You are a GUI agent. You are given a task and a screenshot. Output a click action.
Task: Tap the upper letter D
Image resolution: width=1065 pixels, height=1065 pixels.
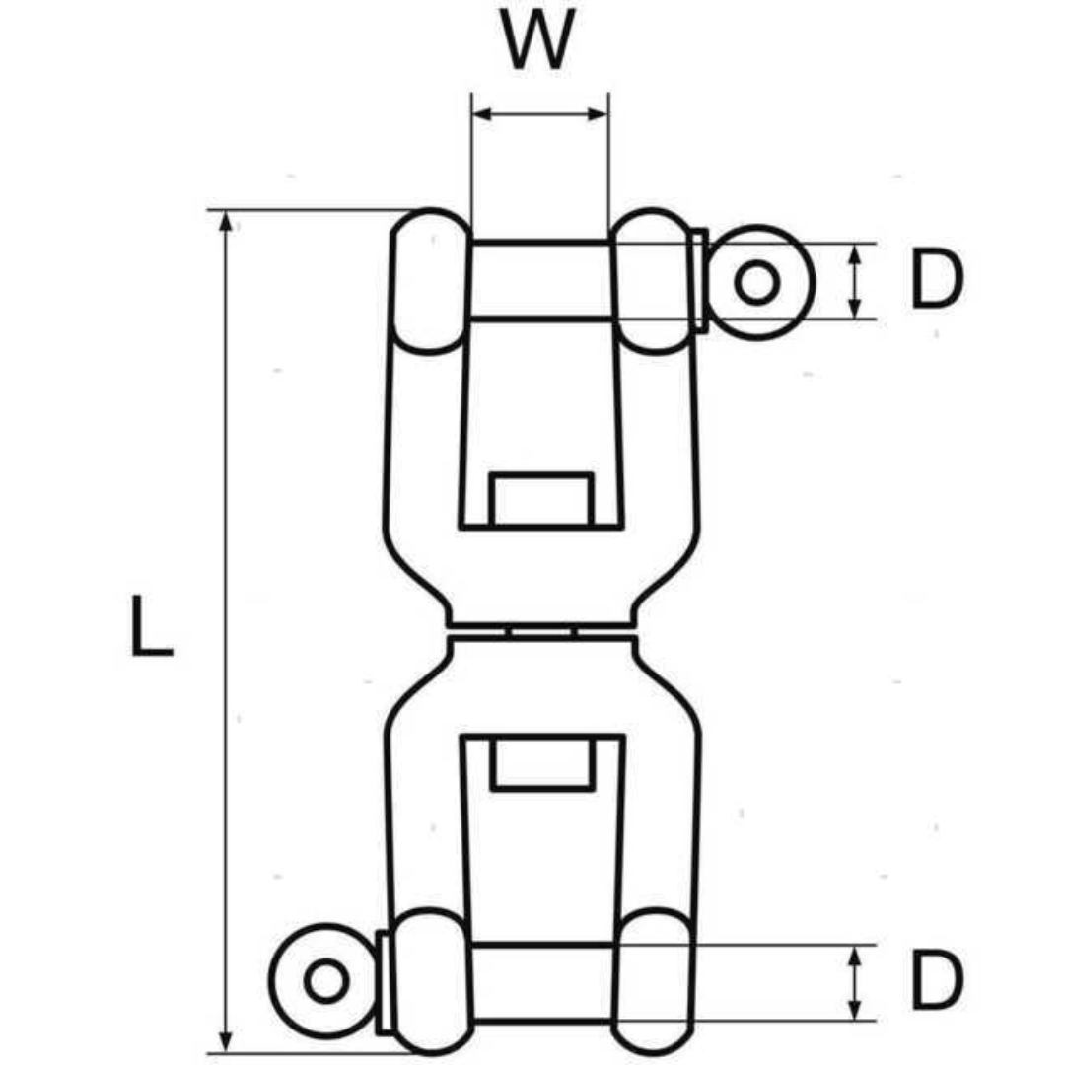[935, 280]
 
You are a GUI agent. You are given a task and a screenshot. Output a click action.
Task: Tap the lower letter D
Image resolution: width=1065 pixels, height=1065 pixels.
[935, 982]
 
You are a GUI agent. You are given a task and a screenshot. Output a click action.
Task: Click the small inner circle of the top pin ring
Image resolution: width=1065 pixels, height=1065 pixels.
[757, 283]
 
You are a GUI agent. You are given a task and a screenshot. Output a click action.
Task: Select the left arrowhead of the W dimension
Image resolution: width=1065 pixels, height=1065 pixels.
[481, 114]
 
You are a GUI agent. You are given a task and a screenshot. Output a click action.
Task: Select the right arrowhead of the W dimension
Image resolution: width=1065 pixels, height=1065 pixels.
[599, 114]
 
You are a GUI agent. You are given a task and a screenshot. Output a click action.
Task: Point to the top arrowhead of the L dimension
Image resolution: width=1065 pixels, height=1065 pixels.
[227, 221]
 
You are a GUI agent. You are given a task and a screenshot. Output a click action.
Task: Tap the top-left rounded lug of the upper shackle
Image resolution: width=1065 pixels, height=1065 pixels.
[430, 281]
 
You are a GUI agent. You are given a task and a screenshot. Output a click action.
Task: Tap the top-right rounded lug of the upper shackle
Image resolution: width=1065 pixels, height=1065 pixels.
[652, 281]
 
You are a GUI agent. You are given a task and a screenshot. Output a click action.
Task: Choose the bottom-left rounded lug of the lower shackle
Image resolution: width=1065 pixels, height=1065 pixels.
[430, 981]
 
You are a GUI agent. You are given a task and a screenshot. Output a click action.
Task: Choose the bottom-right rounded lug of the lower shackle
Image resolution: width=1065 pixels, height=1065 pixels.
[652, 981]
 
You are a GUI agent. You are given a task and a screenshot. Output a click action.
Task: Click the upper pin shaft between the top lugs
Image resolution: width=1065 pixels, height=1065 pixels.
[540, 280]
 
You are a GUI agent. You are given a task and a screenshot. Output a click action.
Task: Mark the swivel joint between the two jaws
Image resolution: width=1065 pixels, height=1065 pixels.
[541, 631]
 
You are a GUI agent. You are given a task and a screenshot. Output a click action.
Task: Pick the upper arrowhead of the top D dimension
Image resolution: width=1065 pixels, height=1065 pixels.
[855, 252]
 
